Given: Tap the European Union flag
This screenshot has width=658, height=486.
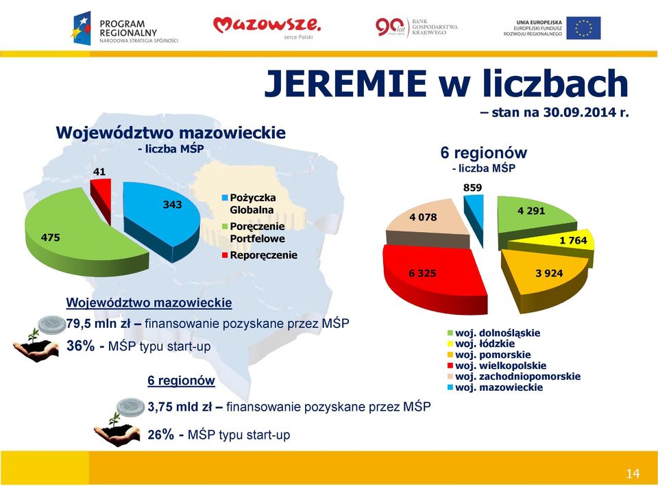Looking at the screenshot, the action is click(x=583, y=28).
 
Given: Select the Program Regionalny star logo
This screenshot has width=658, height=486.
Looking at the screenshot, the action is click(x=82, y=29).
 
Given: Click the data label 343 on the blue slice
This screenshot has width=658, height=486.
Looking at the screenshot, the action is click(x=173, y=205).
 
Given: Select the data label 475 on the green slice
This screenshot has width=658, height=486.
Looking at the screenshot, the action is click(x=50, y=238).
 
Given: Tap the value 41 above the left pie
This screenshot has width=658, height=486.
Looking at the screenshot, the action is click(x=99, y=172).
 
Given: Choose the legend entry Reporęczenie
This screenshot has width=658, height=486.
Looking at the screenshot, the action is click(x=259, y=255).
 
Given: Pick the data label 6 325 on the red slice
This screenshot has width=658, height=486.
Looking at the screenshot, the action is click(x=423, y=273).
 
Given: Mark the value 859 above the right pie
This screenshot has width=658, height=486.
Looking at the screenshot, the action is click(x=472, y=188).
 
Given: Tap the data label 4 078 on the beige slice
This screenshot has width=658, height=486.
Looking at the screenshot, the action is click(x=423, y=217).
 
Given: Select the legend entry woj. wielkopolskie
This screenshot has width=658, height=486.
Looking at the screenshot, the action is click(x=497, y=366).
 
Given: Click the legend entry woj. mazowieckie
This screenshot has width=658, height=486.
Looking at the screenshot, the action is click(x=495, y=387).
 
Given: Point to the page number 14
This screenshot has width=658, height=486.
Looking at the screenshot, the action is click(x=633, y=474).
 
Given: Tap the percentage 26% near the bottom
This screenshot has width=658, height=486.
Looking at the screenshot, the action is click(x=160, y=435).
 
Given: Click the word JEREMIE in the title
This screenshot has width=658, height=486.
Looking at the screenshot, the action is click(x=345, y=84).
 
